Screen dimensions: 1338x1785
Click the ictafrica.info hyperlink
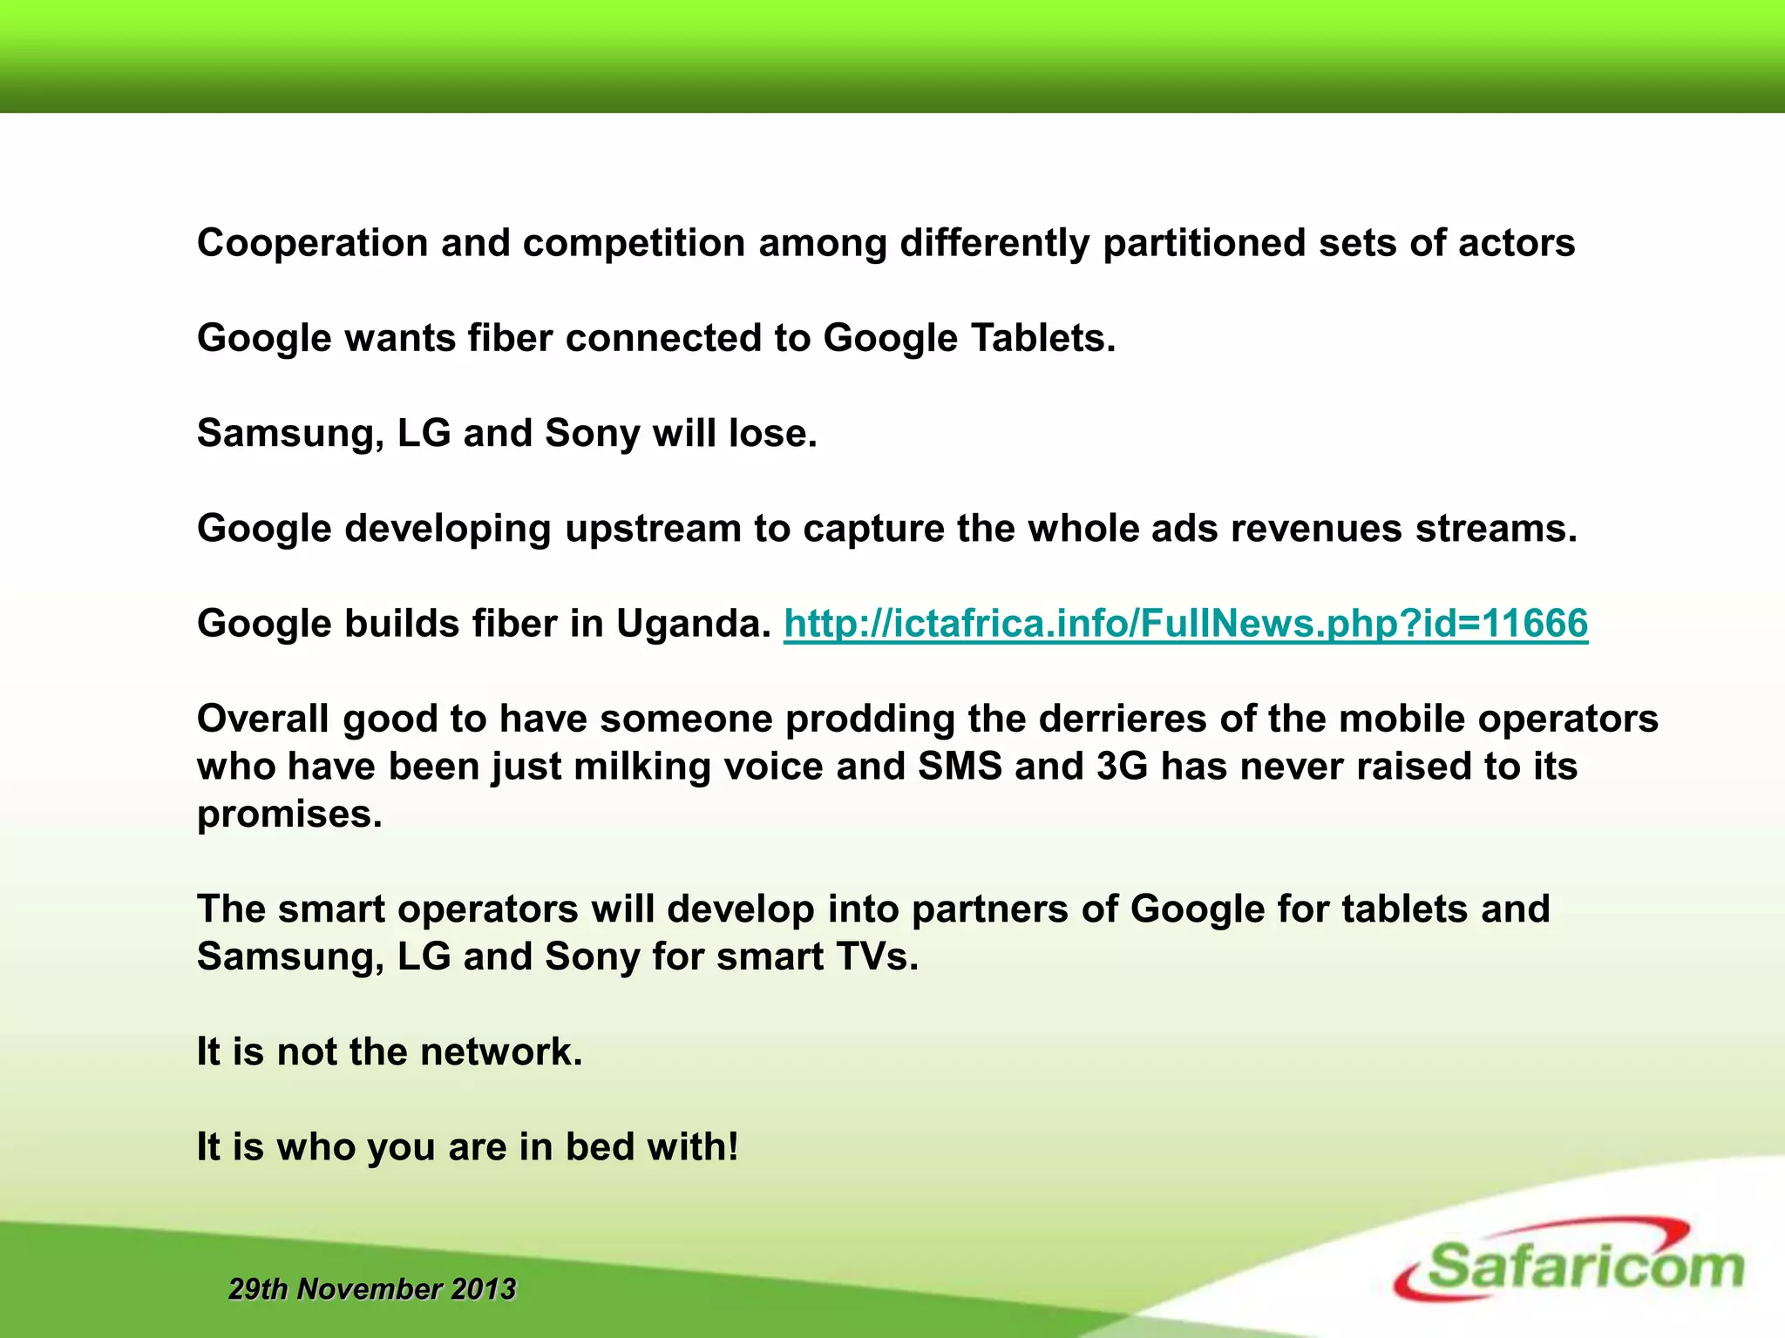[x=1185, y=624]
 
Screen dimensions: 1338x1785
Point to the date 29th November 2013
[x=372, y=1288]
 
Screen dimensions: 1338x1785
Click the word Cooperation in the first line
[x=312, y=243]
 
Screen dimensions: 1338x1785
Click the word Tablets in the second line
[x=1042, y=338]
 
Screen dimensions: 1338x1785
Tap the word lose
[x=772, y=433]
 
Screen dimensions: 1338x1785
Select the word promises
[x=289, y=814]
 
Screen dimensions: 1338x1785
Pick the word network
[x=500, y=1051]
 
